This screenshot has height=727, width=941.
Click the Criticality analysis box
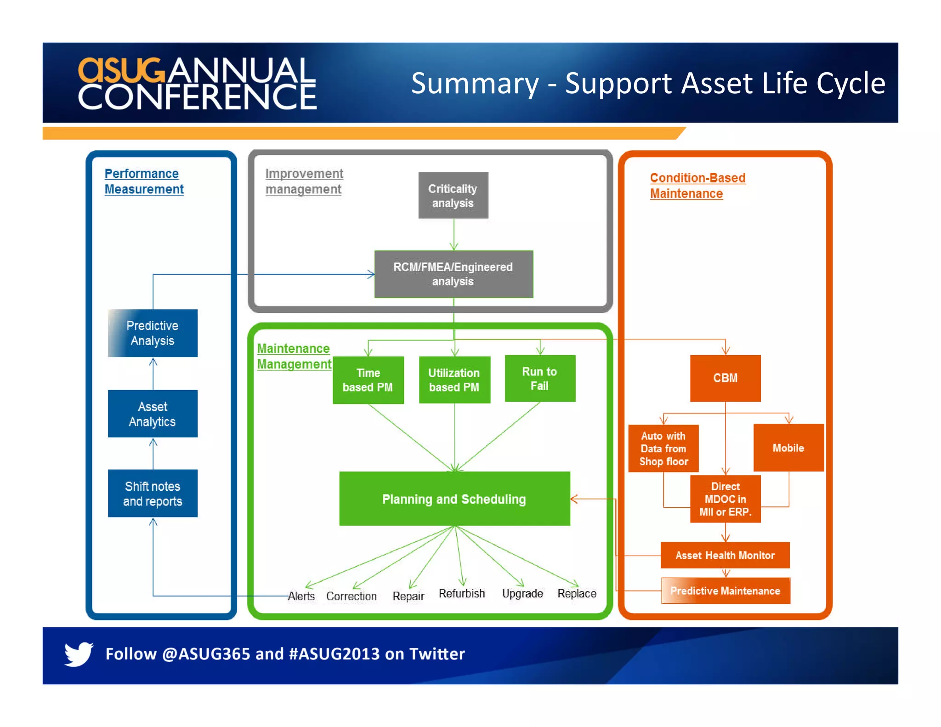(x=453, y=195)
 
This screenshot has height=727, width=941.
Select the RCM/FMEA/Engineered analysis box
(x=453, y=274)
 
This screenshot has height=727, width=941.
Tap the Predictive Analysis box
(x=153, y=333)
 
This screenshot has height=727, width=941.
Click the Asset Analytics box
(x=153, y=414)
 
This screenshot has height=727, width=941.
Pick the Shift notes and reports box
(x=153, y=494)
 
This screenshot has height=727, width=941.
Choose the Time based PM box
(x=368, y=380)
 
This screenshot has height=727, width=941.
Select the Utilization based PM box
(x=454, y=380)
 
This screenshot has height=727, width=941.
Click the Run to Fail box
(x=540, y=379)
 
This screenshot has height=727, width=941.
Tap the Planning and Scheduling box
(x=454, y=499)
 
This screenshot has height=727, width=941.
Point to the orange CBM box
(x=725, y=378)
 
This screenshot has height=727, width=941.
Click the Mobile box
(x=788, y=448)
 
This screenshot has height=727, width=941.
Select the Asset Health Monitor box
(x=725, y=555)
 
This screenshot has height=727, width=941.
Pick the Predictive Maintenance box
(x=726, y=591)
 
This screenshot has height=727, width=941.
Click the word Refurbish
(x=462, y=593)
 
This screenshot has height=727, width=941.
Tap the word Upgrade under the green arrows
(x=522, y=593)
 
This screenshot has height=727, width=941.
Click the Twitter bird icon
(x=79, y=653)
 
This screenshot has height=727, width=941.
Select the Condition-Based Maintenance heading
(x=697, y=186)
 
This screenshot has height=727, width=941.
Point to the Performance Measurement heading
(x=143, y=182)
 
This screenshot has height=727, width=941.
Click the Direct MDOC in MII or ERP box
(x=725, y=499)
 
